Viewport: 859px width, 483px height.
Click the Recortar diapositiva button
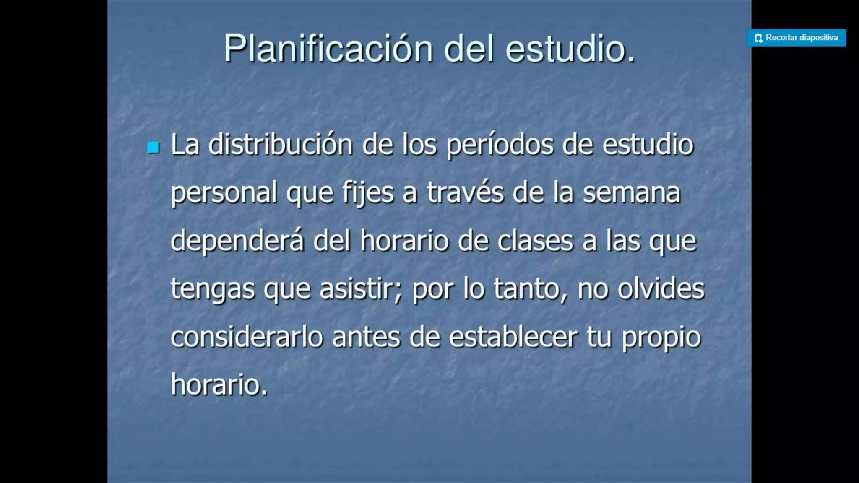[x=796, y=38]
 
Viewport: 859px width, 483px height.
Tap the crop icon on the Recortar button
[x=758, y=38]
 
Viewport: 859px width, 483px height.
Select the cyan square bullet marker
[x=154, y=147]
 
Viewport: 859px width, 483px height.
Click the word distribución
[x=280, y=145]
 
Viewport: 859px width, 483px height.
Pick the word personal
[x=224, y=193]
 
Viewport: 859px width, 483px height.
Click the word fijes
[x=368, y=193]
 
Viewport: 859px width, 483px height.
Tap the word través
[x=465, y=192]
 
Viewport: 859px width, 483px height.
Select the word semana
[x=632, y=192]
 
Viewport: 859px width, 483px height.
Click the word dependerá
[x=237, y=241]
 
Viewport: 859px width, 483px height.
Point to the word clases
[x=535, y=241]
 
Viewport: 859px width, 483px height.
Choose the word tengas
[x=212, y=290]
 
